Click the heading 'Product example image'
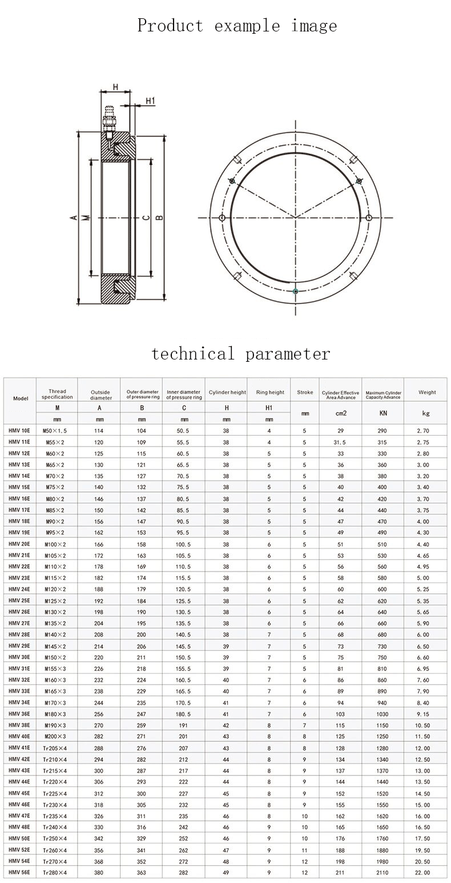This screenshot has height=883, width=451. [237, 26]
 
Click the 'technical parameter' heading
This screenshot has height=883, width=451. [240, 353]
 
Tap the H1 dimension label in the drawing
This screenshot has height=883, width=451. [150, 101]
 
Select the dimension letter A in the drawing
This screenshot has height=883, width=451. [73, 218]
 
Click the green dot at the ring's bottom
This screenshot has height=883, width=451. [295, 291]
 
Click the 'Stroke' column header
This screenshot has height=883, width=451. [305, 393]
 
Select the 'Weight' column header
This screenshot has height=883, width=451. [426, 393]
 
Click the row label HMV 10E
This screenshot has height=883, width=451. [19, 430]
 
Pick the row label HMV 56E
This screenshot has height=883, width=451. [19, 873]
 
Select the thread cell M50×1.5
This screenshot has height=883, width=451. [57, 430]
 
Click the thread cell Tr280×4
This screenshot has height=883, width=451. [57, 873]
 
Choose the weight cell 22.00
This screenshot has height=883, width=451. [423, 873]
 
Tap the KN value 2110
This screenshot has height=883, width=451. [382, 873]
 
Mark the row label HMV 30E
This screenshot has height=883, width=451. [19, 657]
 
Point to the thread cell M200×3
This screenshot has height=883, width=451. [57, 737]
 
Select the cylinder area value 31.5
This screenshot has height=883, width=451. [340, 442]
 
